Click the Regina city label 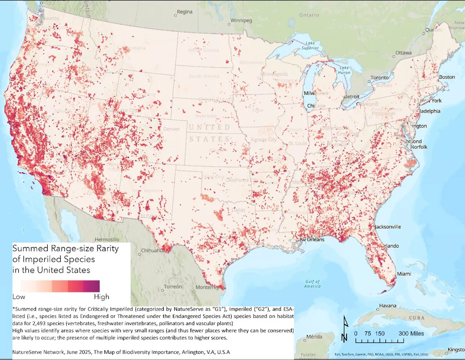(184, 12)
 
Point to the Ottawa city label (404, 53)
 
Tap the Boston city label (447, 77)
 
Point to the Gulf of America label (312, 284)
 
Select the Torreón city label (173, 287)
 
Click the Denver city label (171, 129)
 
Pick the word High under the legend (101, 297)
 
